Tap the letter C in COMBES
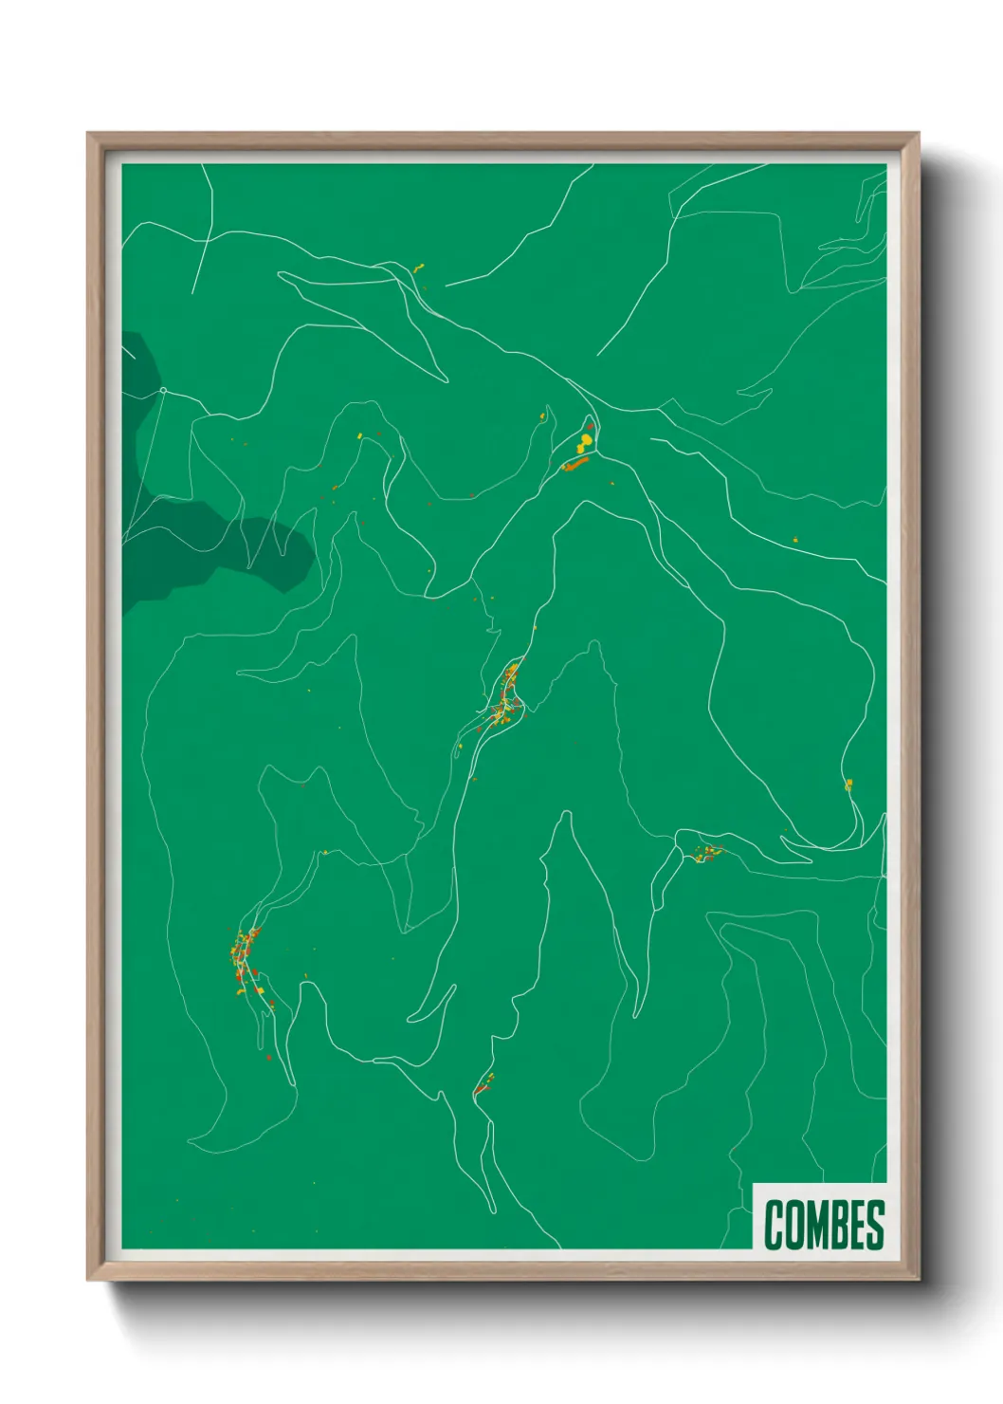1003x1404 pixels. [774, 1225]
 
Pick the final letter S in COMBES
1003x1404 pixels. [876, 1225]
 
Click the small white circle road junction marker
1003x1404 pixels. [163, 390]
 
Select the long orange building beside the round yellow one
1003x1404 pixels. [576, 463]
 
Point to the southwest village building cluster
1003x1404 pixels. [246, 958]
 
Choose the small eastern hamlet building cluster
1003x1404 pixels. [707, 853]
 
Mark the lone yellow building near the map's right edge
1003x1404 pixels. [848, 784]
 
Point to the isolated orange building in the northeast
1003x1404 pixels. [795, 540]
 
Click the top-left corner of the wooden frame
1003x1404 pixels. [89, 134]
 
